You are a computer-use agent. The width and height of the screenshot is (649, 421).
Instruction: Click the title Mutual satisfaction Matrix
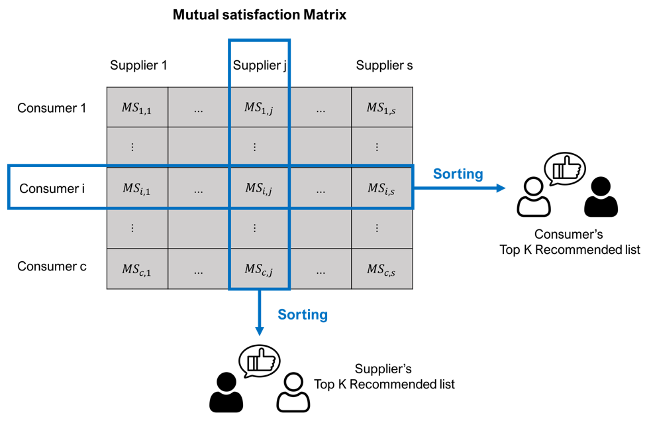pyautogui.click(x=260, y=15)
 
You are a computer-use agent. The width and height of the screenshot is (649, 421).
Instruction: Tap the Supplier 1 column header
pyautogui.click(x=138, y=65)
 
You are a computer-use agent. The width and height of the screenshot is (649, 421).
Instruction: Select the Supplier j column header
pyautogui.click(x=260, y=65)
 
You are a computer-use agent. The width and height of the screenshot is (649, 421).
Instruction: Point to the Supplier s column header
pyautogui.click(x=384, y=65)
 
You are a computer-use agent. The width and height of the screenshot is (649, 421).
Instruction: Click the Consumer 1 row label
pyautogui.click(x=52, y=107)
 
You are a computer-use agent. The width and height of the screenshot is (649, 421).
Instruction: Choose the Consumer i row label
pyautogui.click(x=52, y=189)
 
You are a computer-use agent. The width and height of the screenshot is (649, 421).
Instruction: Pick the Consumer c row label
pyautogui.click(x=52, y=267)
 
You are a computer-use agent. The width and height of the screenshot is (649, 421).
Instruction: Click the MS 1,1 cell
pyautogui.click(x=136, y=108)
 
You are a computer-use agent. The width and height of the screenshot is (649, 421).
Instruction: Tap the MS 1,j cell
pyautogui.click(x=259, y=108)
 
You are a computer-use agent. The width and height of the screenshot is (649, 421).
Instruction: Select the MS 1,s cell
pyautogui.click(x=381, y=108)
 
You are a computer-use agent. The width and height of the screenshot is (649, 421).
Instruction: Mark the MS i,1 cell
pyautogui.click(x=136, y=189)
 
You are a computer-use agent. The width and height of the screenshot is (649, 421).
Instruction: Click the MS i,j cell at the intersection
pyautogui.click(x=259, y=189)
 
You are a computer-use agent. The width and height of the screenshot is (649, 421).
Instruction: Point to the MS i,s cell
pyautogui.click(x=381, y=189)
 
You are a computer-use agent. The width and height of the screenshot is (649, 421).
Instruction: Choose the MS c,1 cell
pyautogui.click(x=136, y=269)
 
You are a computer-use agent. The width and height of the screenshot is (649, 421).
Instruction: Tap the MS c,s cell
pyautogui.click(x=381, y=269)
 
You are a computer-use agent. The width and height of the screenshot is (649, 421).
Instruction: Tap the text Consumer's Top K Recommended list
pyautogui.click(x=570, y=242)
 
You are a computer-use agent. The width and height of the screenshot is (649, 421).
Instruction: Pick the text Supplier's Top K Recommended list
pyautogui.click(x=384, y=377)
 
